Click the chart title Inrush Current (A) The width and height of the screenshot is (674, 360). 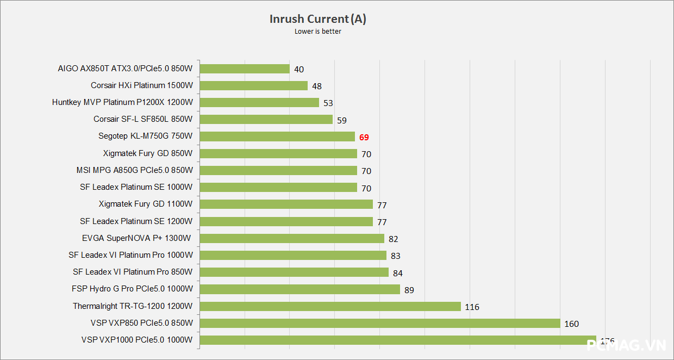coord(318,19)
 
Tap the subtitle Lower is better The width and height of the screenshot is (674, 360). coord(318,32)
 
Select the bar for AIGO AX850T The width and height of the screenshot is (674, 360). coord(245,69)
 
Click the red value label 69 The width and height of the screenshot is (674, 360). coord(364,137)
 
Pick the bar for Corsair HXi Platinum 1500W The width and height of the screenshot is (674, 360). coord(254,85)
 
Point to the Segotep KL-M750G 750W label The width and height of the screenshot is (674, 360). coord(146,136)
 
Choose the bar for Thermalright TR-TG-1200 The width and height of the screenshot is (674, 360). coord(330,306)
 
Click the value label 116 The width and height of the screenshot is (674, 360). coord(472,307)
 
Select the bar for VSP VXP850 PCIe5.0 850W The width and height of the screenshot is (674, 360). coord(380,323)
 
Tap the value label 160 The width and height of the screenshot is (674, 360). coord(572,324)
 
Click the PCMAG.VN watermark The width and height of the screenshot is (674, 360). coord(627,345)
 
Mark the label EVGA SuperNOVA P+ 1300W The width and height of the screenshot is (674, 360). coord(137,238)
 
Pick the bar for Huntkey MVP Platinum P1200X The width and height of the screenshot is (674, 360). coord(259,102)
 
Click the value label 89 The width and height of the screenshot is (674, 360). coord(409,290)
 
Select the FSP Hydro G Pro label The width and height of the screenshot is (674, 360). coord(132,289)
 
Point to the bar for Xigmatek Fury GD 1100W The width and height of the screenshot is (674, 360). coord(286,204)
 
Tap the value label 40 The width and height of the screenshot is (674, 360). coord(299,69)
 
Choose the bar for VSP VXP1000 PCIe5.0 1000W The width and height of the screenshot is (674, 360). coord(398,340)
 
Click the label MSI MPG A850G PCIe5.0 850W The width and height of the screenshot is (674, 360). coord(135,170)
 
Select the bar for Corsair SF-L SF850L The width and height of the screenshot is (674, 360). coord(266,119)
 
